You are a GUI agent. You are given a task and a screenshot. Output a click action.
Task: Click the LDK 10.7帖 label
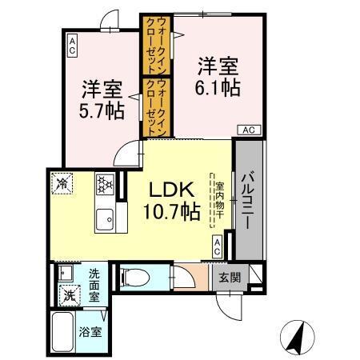(x=172, y=201)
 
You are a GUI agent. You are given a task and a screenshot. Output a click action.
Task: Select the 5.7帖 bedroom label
(x=102, y=99)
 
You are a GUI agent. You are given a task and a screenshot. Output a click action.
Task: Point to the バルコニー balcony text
(x=247, y=200)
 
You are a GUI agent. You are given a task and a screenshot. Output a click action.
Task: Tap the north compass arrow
(x=296, y=338)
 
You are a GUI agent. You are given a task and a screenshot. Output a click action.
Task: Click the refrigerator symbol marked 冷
(x=63, y=183)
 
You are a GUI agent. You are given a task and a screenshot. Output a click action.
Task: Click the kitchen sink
(x=105, y=218)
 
